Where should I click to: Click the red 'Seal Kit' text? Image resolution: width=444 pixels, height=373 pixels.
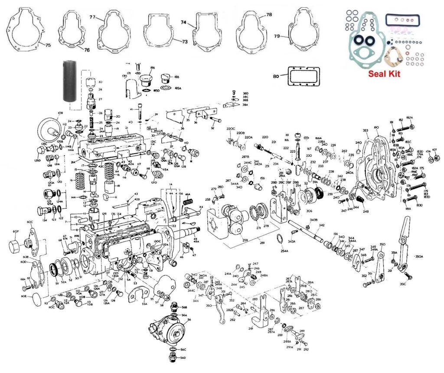coord(384,74)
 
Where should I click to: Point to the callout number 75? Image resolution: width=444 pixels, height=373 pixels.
coord(48,45)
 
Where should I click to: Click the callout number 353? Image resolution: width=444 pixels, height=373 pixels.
coord(365,131)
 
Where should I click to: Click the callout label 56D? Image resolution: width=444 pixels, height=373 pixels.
coord(183,358)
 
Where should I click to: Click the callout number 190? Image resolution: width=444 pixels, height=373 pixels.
coord(376,128)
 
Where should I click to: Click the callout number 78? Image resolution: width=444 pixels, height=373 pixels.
coord(269,15)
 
